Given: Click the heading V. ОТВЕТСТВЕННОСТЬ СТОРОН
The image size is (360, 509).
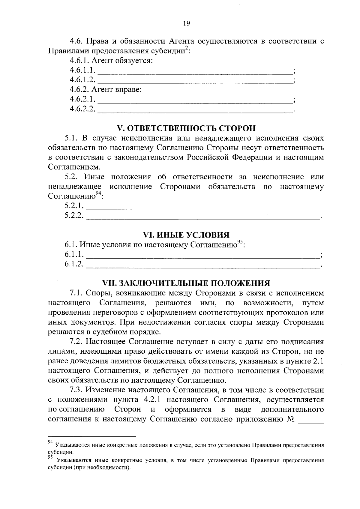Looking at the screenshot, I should (186, 128).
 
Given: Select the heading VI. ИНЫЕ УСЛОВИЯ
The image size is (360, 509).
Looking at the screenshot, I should (186, 235).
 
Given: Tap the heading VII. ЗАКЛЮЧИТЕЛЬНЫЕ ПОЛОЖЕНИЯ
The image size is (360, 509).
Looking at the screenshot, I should (186, 283).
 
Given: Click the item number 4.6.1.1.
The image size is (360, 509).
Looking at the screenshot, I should (82, 70).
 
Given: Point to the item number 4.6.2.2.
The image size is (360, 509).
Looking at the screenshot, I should (82, 109).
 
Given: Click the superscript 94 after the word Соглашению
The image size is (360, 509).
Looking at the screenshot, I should (99, 193).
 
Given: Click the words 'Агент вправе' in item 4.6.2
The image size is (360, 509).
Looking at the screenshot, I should (116, 90).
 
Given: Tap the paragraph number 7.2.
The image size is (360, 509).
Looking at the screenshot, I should (76, 342).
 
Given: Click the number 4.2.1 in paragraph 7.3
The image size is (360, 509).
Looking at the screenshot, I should (151, 400).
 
